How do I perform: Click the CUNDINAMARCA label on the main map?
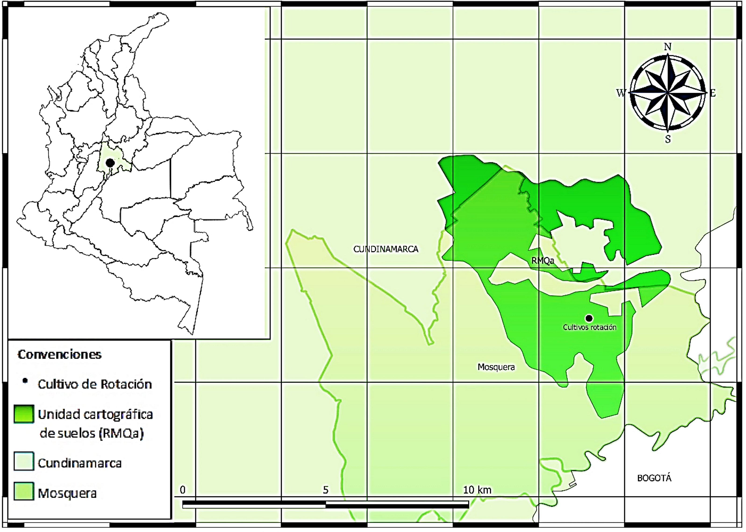(385, 249)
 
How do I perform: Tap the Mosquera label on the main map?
(496, 367)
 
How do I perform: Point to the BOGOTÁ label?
(654, 478)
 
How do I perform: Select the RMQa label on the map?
(543, 261)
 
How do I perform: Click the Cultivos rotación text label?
(589, 327)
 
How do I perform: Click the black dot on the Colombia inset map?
(110, 162)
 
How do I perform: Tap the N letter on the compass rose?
(667, 47)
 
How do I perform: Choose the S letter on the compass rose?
(668, 139)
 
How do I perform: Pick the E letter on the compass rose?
(713, 93)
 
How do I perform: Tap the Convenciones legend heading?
(60, 354)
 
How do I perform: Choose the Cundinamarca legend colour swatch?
(24, 461)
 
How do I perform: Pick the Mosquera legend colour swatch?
(24, 491)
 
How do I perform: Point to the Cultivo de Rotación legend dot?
(25, 381)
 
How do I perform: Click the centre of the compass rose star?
(667, 93)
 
